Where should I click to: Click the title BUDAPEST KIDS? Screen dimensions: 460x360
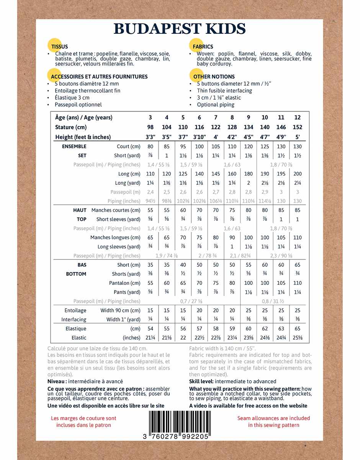[x=180, y=29]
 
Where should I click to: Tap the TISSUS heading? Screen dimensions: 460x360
[x=59, y=47]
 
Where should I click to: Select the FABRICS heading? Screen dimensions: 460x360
[x=203, y=47]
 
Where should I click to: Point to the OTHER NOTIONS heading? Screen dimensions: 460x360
[x=214, y=77]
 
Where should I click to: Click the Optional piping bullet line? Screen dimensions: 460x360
[x=216, y=105]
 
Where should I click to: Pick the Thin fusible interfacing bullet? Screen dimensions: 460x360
[x=224, y=91]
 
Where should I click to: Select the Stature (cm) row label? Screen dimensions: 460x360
[x=71, y=127]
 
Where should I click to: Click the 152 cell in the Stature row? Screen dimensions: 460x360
[x=297, y=127]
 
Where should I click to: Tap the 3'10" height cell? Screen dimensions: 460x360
[x=199, y=137]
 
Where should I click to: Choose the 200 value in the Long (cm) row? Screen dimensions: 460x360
[x=297, y=174]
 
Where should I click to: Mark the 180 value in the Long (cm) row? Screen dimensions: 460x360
[x=248, y=174]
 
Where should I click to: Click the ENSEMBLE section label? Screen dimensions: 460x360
[x=74, y=146]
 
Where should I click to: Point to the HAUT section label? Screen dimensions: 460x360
[x=80, y=210]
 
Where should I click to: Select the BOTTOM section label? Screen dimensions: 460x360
[x=76, y=274]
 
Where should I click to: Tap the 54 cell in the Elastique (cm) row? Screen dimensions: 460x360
[x=150, y=329]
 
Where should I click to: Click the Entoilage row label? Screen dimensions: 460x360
[x=75, y=310]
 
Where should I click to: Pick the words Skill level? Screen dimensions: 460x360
[x=201, y=381]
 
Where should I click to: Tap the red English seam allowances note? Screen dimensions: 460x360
[x=273, y=422]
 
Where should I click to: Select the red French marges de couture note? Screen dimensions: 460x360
[x=83, y=422]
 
